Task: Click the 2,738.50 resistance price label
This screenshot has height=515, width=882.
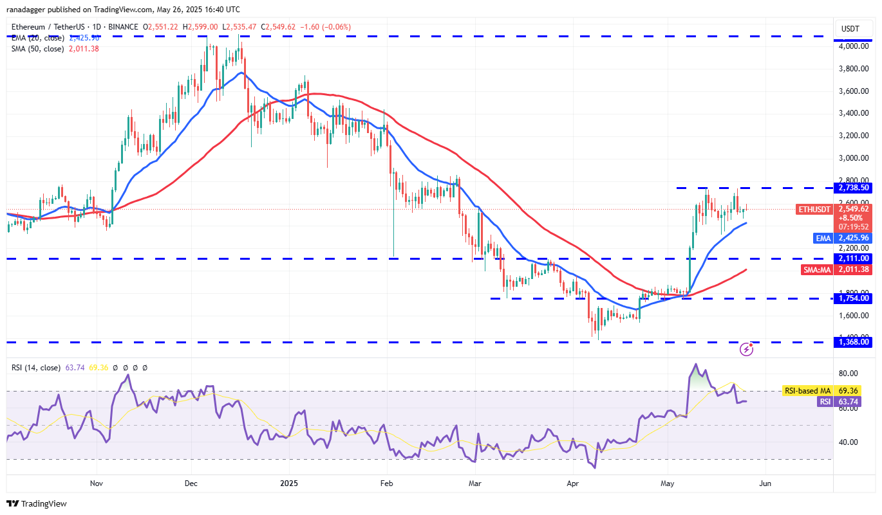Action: pos(853,188)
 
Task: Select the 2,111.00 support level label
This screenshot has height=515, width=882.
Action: pos(853,258)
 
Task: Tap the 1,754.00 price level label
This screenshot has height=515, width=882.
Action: pos(853,298)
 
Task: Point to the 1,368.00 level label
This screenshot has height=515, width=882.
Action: pos(853,342)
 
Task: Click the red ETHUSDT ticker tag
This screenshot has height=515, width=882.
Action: pos(814,209)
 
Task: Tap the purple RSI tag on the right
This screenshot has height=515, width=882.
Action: pos(825,402)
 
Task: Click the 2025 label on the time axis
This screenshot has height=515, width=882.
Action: pos(289,483)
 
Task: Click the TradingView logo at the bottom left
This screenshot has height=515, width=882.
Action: pos(37,503)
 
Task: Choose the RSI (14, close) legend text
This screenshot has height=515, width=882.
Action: pos(35,368)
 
